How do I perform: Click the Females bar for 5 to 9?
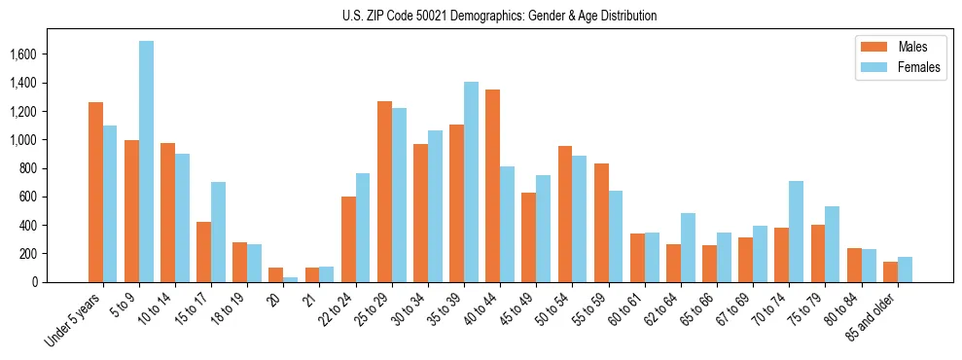coord(146,162)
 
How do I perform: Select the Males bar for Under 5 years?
coord(95,192)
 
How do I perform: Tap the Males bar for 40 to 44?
coord(492,186)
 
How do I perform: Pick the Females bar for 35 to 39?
coord(471,182)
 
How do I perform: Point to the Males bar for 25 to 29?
coord(384,192)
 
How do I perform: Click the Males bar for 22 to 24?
coord(348,239)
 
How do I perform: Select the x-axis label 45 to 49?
coord(516,306)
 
